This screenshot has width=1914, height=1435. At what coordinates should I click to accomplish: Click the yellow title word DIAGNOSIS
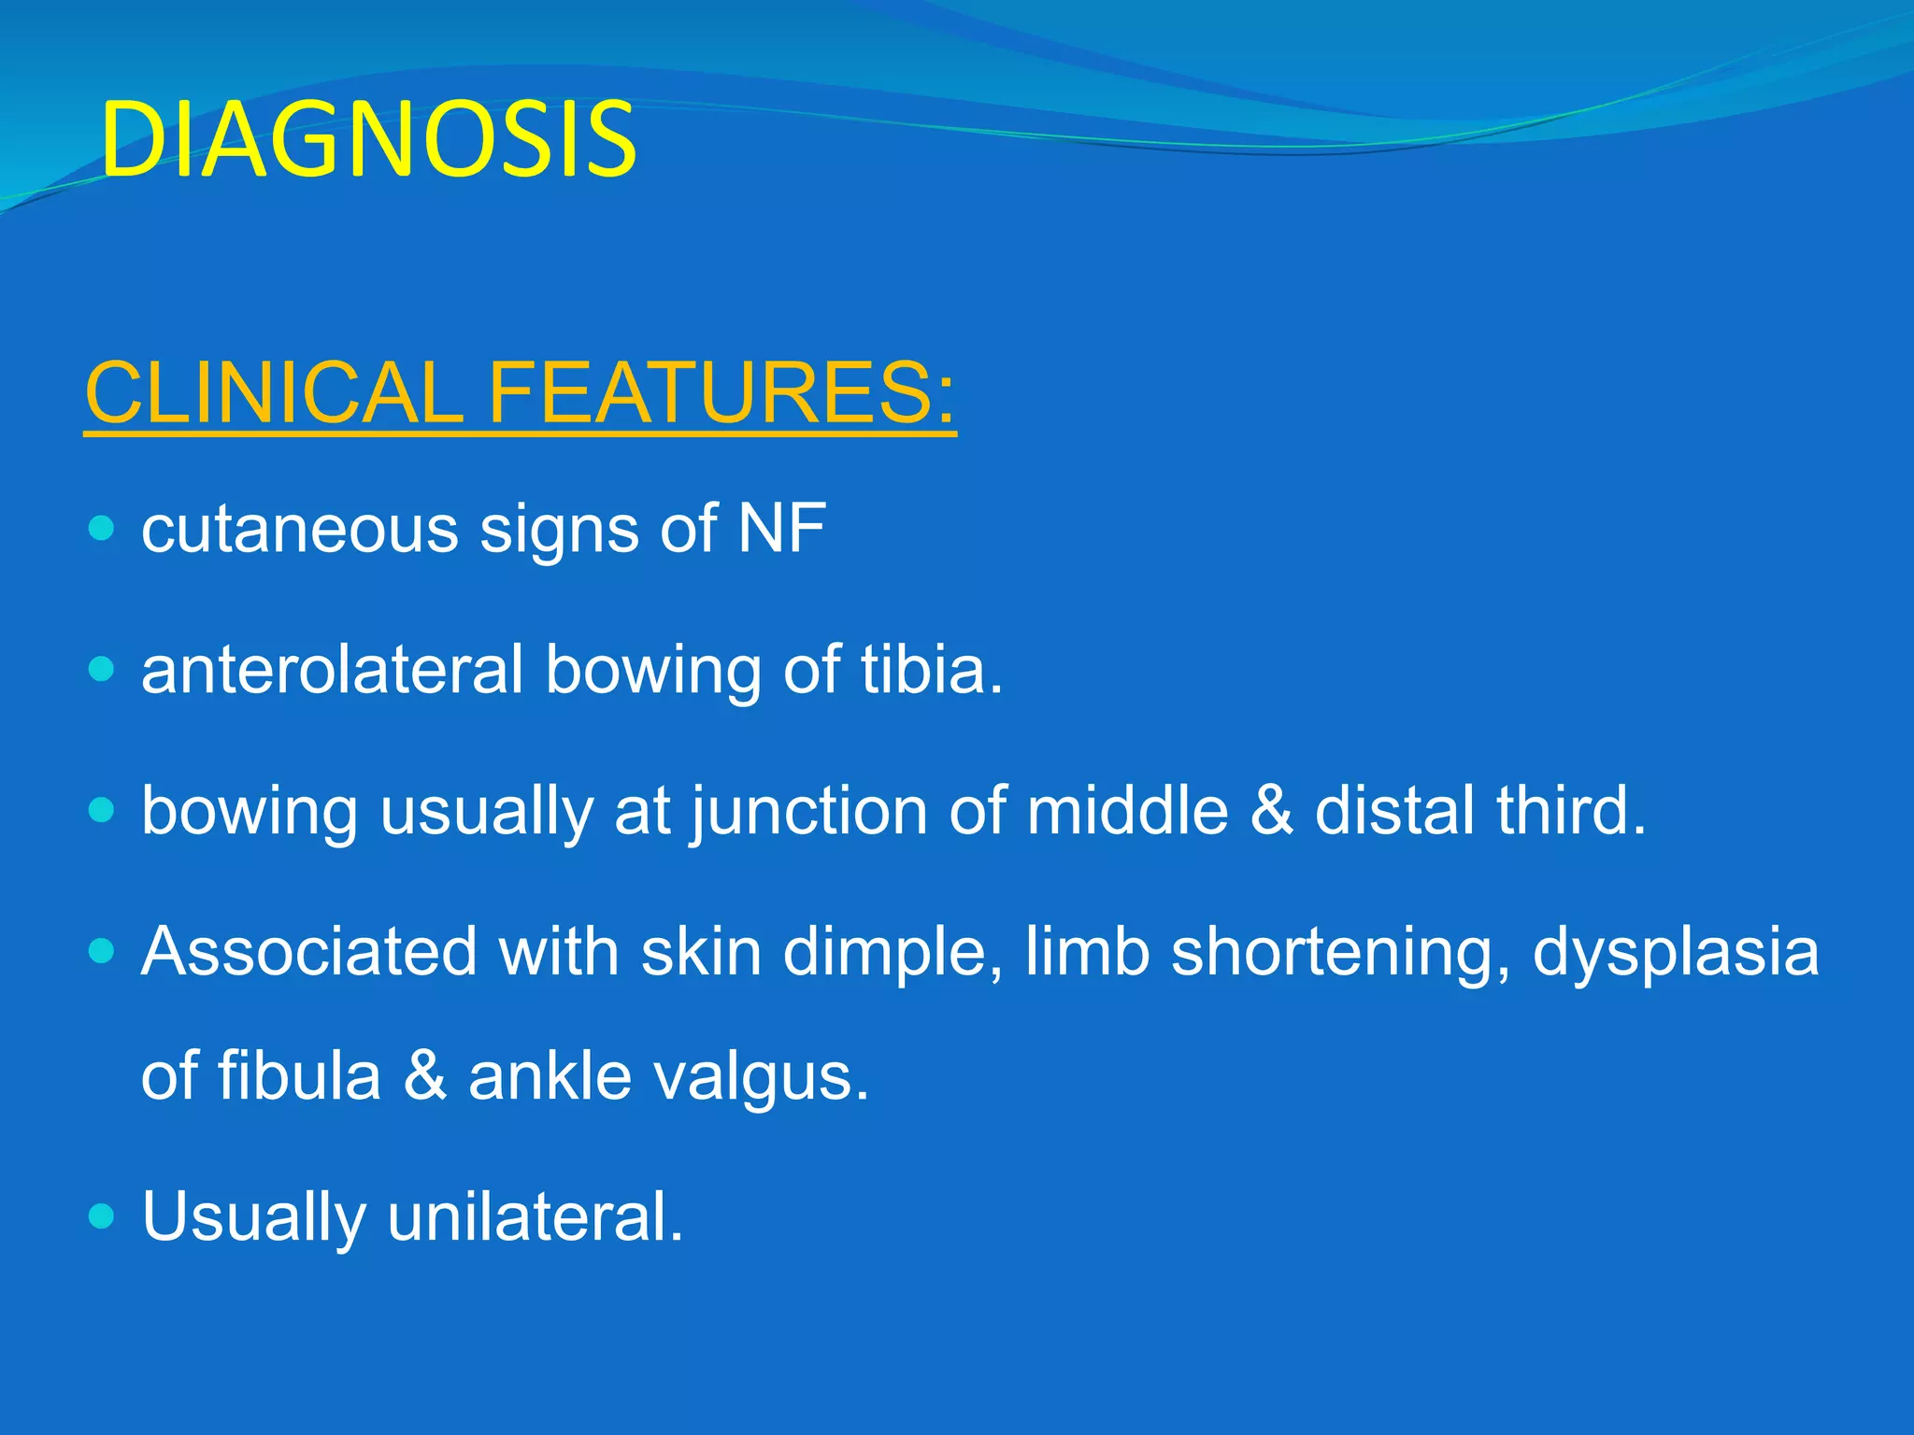(368, 140)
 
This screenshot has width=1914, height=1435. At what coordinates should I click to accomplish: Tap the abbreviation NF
(781, 530)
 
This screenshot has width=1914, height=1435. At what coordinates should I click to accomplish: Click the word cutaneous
(299, 530)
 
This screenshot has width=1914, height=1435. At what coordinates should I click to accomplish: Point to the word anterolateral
(332, 670)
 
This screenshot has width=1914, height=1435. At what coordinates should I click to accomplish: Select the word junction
(808, 811)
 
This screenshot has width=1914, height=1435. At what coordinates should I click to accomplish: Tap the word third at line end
(1570, 811)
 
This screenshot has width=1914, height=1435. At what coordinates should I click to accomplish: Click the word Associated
(308, 952)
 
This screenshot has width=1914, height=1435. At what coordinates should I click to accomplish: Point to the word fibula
(299, 1076)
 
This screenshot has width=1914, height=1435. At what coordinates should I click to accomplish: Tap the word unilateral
(535, 1216)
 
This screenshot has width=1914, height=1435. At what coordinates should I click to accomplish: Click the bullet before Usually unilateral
(101, 1216)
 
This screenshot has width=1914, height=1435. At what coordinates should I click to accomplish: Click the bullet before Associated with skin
(101, 952)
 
